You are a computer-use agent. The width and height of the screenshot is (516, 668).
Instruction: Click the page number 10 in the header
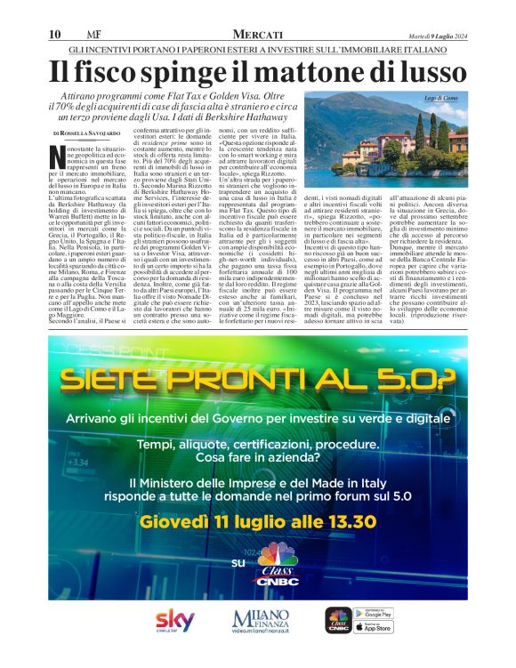[53, 34]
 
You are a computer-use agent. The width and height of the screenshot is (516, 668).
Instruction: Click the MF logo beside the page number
[81, 34]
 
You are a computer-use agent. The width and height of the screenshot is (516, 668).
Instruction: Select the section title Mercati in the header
[257, 33]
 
